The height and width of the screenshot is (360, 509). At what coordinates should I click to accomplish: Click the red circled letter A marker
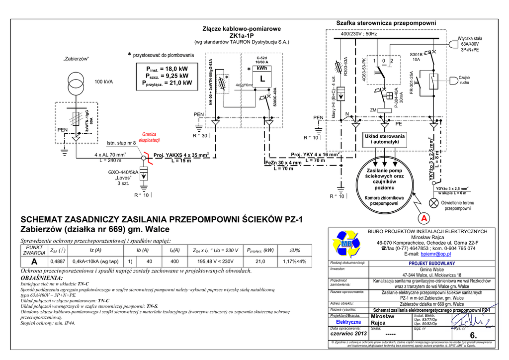coord(424,218)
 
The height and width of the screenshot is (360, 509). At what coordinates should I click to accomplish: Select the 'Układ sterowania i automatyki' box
coord(385,139)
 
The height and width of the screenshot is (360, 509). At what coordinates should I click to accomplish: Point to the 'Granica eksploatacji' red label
coord(149,137)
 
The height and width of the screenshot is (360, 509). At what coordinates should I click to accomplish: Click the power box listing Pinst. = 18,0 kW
coord(164,76)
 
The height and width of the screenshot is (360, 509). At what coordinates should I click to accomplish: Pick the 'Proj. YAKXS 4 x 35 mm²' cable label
coord(181,155)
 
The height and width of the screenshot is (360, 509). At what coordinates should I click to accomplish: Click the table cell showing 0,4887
coord(58,261)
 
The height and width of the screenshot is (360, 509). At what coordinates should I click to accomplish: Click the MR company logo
coord(346,243)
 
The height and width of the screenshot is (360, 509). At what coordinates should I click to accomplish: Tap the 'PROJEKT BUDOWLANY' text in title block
coord(431,264)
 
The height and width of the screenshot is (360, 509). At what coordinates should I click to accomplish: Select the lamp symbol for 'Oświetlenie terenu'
coord(434,202)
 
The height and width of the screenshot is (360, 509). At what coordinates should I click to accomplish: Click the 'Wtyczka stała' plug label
coord(470,38)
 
